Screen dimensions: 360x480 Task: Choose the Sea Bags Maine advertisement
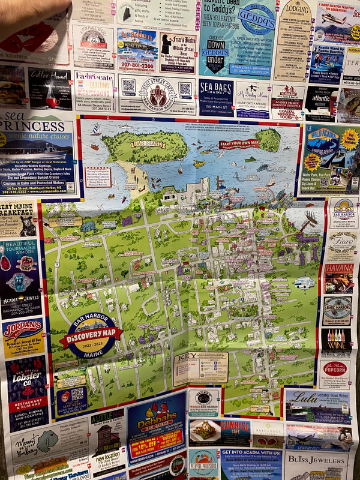click(x=216, y=96)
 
